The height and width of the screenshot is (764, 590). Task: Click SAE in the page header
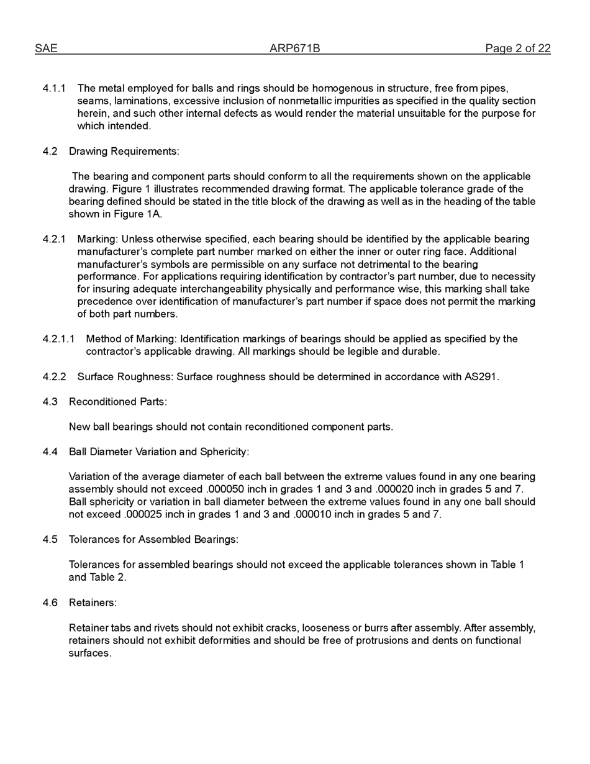46,48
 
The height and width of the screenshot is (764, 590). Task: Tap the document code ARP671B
294,48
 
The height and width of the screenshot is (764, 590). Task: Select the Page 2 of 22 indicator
517,48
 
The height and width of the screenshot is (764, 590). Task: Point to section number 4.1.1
54,89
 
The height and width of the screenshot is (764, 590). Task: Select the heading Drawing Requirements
124,152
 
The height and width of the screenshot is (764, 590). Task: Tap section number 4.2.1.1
58,339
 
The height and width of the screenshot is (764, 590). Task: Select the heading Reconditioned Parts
117,402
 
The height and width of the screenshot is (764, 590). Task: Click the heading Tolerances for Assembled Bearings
153,540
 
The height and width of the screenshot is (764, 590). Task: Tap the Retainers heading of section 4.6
93,603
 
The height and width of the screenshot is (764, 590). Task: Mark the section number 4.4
50,452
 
